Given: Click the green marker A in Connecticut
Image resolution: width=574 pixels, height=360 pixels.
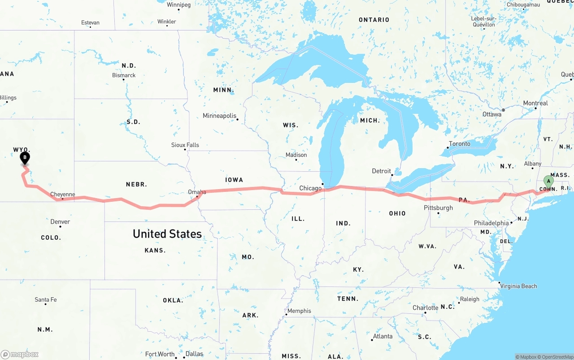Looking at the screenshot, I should tap(548, 181).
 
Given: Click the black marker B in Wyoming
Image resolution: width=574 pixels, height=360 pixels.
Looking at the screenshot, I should tap(25, 158).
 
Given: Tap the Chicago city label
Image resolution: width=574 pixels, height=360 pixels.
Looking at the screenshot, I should tap(310, 188).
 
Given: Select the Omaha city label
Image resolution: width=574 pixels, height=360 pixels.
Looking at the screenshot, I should tap(197, 192).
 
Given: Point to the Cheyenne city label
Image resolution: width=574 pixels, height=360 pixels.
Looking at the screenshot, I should tap(62, 195).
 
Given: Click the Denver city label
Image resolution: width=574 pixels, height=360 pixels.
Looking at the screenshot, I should tap(60, 221).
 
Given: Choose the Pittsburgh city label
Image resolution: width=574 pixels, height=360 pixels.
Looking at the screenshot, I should tap(438, 208).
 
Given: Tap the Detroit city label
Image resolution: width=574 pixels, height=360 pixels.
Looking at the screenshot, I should tap(381, 171).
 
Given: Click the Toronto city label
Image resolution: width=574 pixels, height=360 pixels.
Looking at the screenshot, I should tap(460, 144).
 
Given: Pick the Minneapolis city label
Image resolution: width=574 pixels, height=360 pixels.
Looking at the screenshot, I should tap(219, 116).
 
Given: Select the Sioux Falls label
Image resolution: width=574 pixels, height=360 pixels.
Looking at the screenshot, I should tap(185, 145).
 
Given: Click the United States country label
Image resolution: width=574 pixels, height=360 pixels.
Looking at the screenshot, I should tap(167, 234).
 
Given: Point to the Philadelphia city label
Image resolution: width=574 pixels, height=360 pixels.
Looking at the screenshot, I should tap(491, 223).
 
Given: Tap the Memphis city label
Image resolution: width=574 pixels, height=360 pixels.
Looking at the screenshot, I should tap(299, 311).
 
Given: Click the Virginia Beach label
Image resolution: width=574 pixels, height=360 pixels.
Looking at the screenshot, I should tap(518, 286).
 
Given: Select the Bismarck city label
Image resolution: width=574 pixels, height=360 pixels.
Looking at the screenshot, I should tap(124, 75).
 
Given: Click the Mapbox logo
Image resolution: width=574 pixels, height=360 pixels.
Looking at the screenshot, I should tap(20, 354).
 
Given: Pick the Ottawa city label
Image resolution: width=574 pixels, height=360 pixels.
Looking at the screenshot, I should tap(492, 114).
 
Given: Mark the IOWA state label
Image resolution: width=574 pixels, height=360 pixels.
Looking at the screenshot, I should tap(234, 180).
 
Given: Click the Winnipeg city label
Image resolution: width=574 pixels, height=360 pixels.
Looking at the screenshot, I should tap(178, 5).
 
